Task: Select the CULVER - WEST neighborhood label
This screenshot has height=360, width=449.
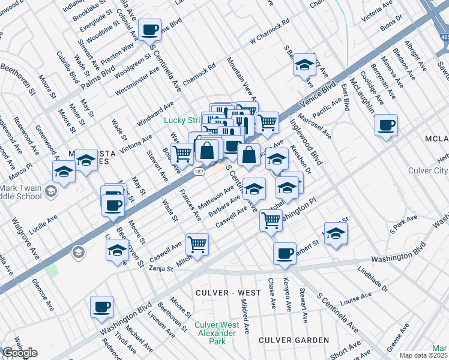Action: (x=228, y=293)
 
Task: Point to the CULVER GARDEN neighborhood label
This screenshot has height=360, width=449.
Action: (x=294, y=340)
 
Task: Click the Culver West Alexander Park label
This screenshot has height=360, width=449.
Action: (x=217, y=333)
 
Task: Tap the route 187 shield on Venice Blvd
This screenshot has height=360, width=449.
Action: (x=198, y=172)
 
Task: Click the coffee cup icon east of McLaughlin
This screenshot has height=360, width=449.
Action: (x=386, y=125)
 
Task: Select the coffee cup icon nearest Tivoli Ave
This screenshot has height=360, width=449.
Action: (x=101, y=307)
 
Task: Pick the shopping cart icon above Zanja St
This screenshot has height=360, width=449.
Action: (x=197, y=244)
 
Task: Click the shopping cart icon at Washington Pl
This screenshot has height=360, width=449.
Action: (x=271, y=220)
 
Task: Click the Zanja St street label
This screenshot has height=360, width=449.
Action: (x=161, y=269)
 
